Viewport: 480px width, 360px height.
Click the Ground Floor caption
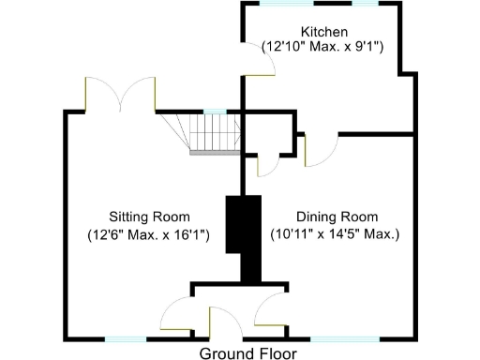coord(247,353)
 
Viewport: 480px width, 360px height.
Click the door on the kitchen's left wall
coord(263,62)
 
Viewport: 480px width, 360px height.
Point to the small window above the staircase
coord(216,111)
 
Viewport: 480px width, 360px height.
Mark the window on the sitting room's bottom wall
coord(125,337)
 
